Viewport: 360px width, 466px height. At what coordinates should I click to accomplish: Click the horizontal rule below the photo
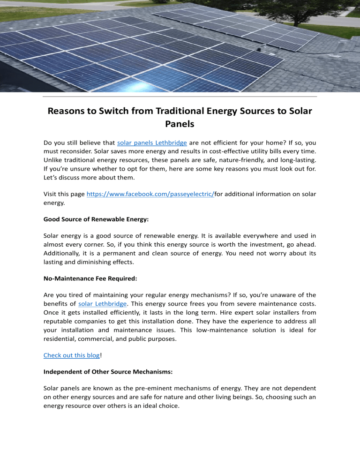180,97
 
